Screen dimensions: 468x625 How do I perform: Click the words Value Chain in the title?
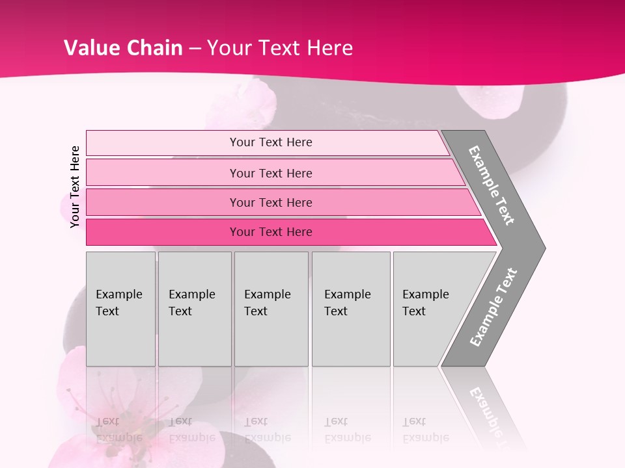(123, 48)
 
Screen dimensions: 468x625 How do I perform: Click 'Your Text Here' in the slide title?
(280, 48)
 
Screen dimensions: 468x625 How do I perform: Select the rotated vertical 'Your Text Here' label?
(75, 187)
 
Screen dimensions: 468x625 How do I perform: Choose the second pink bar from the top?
(270, 173)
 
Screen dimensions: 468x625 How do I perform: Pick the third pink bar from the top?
(270, 202)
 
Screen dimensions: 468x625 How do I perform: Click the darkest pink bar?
(270, 232)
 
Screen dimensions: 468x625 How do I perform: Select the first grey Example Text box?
(120, 309)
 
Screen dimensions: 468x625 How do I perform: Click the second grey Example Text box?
(195, 309)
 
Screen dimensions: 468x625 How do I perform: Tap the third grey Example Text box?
(271, 309)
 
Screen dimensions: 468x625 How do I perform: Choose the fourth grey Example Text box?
(351, 309)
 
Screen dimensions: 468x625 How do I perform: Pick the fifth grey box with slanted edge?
(430, 309)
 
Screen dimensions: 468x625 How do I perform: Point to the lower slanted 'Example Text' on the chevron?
(493, 307)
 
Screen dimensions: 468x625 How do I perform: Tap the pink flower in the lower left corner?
(98, 409)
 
